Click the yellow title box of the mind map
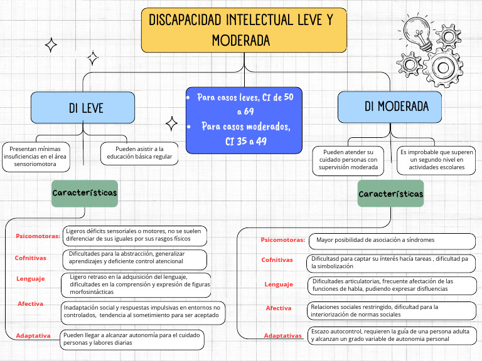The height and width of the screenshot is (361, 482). pos(244,30)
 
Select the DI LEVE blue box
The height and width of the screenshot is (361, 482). pos(82,108)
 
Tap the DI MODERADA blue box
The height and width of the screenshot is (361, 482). pos(390,107)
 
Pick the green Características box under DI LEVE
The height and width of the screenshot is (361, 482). pos(85,193)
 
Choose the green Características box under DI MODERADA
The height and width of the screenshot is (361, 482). pos(390,194)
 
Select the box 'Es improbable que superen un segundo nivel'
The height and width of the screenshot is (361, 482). pos(436,160)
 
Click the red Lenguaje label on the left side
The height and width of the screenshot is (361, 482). pos(30,278)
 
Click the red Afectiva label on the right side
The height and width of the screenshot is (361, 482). pos(279,308)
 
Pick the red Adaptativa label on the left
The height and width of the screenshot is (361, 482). pos(33,335)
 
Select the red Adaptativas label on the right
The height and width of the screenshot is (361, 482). pos(282,335)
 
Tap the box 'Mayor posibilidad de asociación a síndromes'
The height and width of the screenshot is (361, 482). pos(392,240)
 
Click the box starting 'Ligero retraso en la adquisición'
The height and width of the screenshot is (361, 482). pos(136,284)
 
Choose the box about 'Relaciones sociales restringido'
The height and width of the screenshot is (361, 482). pos(392,310)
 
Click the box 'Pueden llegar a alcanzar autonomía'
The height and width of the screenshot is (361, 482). pos(132,339)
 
